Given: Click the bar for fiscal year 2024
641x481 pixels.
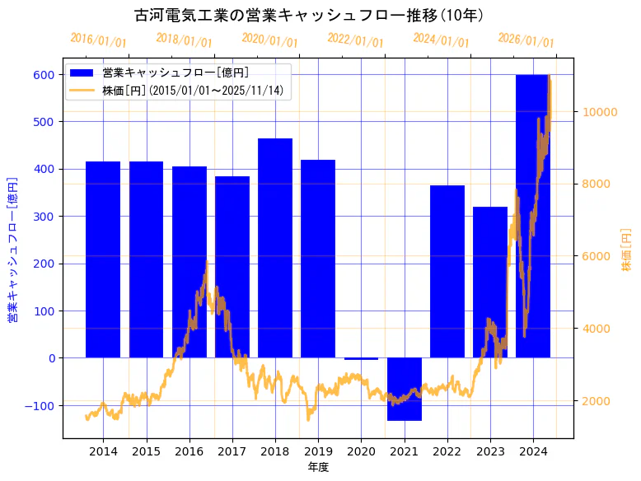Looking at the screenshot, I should tap(532, 216).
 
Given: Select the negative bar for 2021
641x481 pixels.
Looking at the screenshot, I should tap(404, 389).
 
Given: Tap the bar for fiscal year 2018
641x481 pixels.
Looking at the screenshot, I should tap(275, 247).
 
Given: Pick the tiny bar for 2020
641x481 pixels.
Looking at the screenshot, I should tap(361, 359).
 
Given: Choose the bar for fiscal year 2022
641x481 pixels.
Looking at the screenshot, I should tap(447, 272).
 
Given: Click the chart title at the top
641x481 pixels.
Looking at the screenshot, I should tap(309, 15).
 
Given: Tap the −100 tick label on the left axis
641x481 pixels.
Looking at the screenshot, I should tap(40, 405).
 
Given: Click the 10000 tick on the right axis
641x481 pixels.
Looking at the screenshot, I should tap(601, 112).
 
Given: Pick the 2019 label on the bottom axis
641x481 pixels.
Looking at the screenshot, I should tap(318, 451).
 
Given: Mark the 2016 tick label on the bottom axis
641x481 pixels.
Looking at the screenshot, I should tap(189, 451).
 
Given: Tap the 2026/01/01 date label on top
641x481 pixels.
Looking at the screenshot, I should tap(526, 41).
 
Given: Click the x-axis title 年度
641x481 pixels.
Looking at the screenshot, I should tap(318, 467).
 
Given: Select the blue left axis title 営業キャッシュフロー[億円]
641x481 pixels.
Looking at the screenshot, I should tap(13, 250).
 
